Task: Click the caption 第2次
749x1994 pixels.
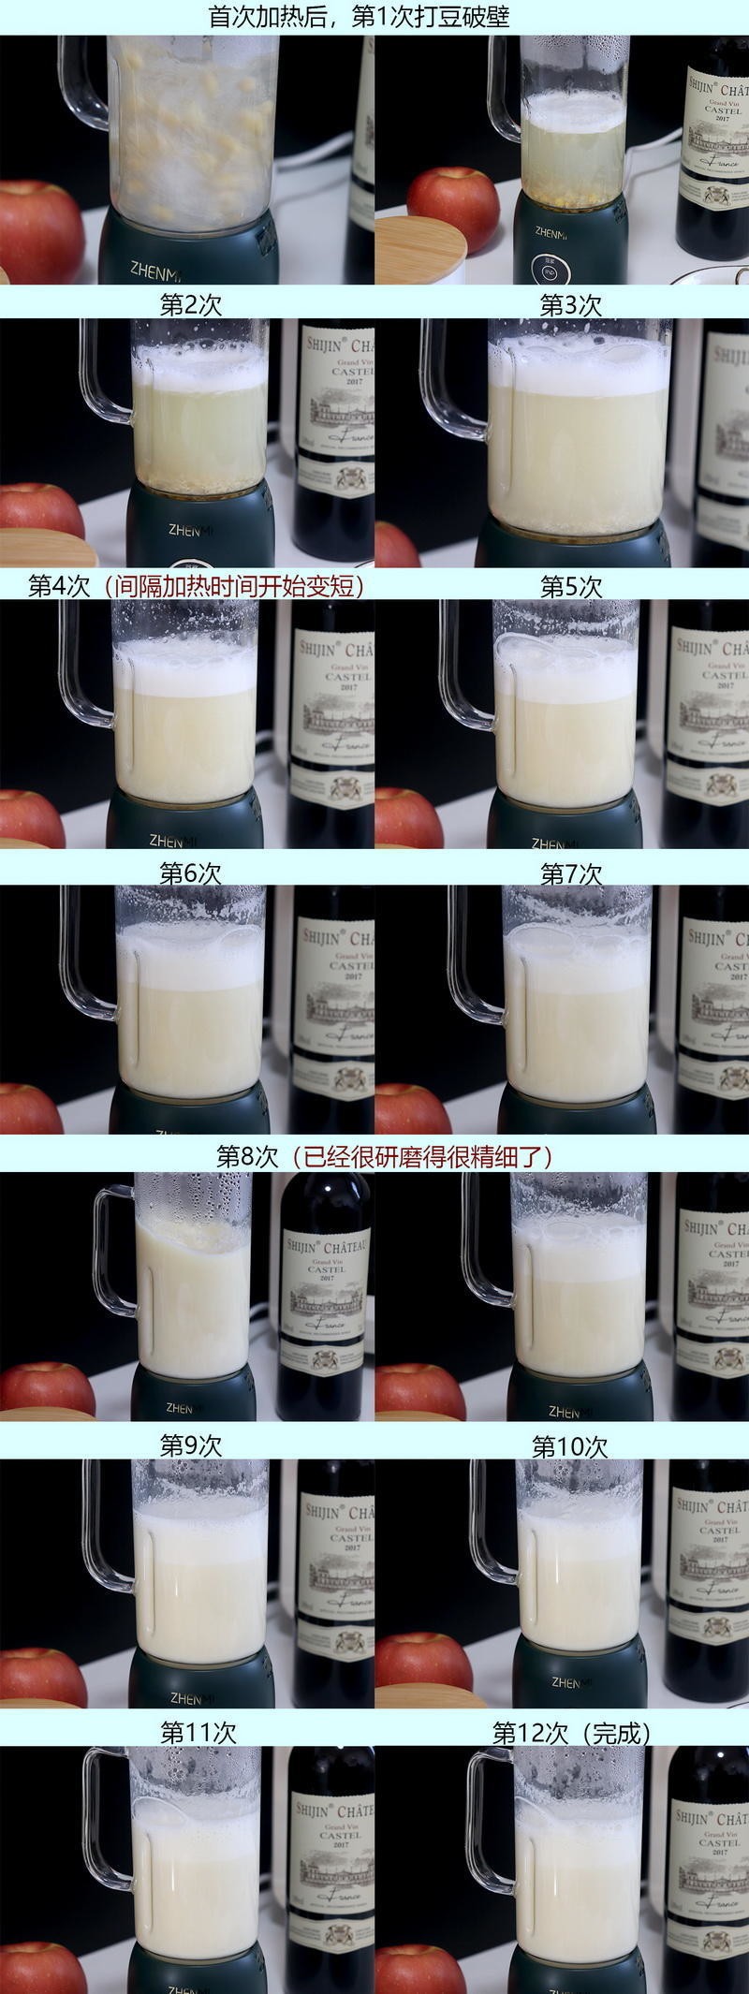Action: [x=190, y=304]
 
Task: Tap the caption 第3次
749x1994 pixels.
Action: [x=570, y=304]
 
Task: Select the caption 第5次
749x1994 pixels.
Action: [x=570, y=586]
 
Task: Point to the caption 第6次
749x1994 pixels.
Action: [x=190, y=872]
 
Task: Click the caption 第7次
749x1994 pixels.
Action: [x=570, y=872]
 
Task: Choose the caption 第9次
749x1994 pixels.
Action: [x=190, y=1444]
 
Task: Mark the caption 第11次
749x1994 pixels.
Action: [x=198, y=1732]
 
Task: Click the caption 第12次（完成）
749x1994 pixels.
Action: [x=571, y=1732]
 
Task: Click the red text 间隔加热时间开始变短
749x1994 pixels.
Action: [x=234, y=586]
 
